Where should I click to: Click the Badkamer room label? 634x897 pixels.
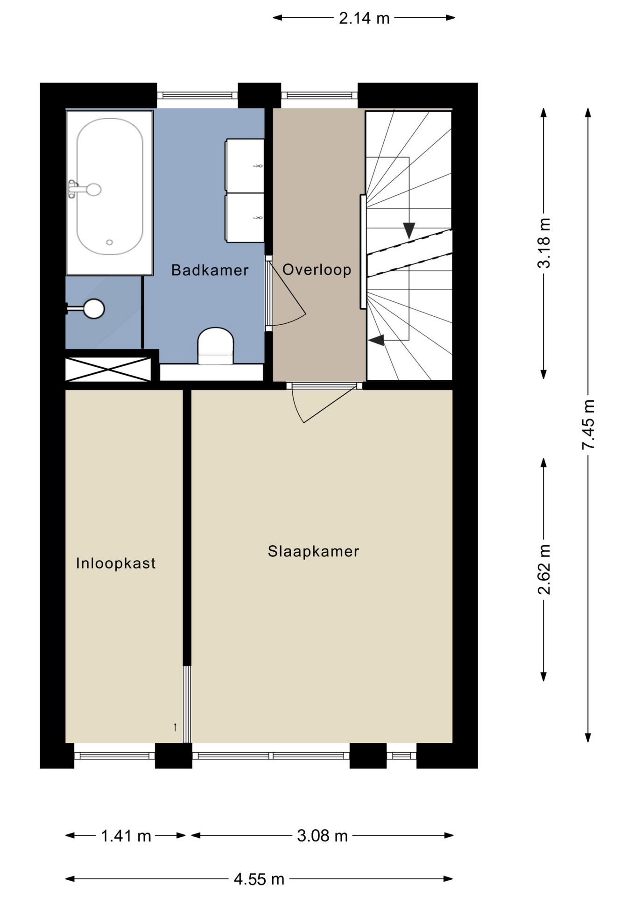click(x=210, y=270)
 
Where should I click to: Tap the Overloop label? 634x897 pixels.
click(x=317, y=270)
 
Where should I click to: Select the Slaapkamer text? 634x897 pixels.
click(x=313, y=551)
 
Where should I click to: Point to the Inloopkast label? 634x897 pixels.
click(x=116, y=563)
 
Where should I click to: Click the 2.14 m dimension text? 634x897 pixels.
click(x=364, y=18)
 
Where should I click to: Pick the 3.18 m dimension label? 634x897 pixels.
click(x=544, y=243)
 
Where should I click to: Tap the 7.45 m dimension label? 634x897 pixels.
click(x=588, y=425)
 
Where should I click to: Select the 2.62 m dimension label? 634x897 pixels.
click(x=544, y=570)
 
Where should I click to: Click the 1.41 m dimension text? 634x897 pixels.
click(x=126, y=836)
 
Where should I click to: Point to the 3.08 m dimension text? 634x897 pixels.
click(x=323, y=836)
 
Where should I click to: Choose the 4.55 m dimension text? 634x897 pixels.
click(x=259, y=879)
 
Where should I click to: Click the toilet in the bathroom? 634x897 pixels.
click(x=215, y=346)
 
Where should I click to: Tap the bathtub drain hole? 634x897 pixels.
click(x=109, y=242)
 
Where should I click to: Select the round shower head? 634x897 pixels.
click(x=94, y=308)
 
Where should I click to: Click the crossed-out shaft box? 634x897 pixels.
click(x=108, y=369)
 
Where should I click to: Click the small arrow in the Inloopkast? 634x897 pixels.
click(x=175, y=727)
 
